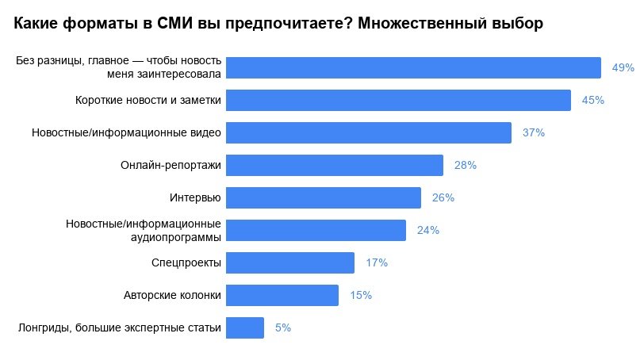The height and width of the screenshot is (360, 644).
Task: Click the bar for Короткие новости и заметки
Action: tap(398, 100)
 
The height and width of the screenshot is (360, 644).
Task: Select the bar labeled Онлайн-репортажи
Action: tap(335, 165)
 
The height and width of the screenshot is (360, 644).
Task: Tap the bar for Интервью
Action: tap(324, 197)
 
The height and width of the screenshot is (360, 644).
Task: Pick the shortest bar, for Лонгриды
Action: tap(245, 327)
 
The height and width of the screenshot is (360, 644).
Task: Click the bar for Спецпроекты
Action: tap(290, 262)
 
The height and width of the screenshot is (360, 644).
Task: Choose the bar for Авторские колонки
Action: tap(282, 295)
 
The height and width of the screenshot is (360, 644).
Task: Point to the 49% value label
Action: tap(623, 67)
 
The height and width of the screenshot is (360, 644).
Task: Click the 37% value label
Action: tap(534, 132)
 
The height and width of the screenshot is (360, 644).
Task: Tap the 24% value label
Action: tap(428, 230)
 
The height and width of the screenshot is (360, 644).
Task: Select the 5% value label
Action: tap(283, 327)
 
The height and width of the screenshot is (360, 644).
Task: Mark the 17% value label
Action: tap(377, 262)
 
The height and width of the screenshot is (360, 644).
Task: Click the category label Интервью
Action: tap(195, 198)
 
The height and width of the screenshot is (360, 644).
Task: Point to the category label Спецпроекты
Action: tap(186, 262)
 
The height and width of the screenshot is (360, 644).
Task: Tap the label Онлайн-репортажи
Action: tap(171, 165)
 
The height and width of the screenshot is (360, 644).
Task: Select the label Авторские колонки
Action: tap(173, 295)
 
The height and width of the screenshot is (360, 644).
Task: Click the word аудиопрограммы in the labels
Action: tap(176, 237)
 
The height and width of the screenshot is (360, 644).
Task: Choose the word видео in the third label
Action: tap(205, 132)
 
